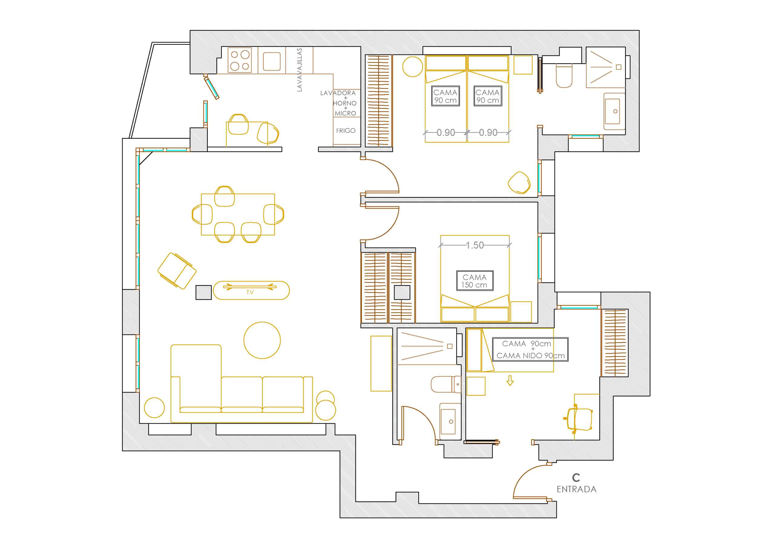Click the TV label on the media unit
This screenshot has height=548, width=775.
[x=250, y=292]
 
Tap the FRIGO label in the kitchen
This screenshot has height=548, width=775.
[x=346, y=131]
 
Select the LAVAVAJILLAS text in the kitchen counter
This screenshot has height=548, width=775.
[x=299, y=70]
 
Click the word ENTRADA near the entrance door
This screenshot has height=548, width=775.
[x=576, y=489]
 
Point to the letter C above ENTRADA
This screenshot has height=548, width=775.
[x=576, y=477]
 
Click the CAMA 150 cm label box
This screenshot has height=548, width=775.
[x=475, y=281]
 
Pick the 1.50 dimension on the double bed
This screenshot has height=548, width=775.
[x=475, y=245]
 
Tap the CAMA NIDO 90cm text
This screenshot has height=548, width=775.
[x=531, y=355]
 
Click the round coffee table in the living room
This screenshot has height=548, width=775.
[x=262, y=340]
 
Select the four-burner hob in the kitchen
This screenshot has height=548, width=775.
[x=240, y=60]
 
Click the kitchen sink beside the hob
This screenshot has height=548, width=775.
[x=272, y=61]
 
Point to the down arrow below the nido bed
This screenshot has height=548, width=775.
[x=510, y=381]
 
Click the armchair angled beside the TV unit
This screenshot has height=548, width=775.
[x=177, y=271]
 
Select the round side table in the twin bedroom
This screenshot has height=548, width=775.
[x=413, y=67]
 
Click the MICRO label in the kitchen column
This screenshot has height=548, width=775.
[x=345, y=114]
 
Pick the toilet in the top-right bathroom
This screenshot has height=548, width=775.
[x=564, y=76]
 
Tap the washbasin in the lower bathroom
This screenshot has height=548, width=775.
[x=450, y=421]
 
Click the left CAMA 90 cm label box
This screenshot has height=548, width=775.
[x=446, y=96]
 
